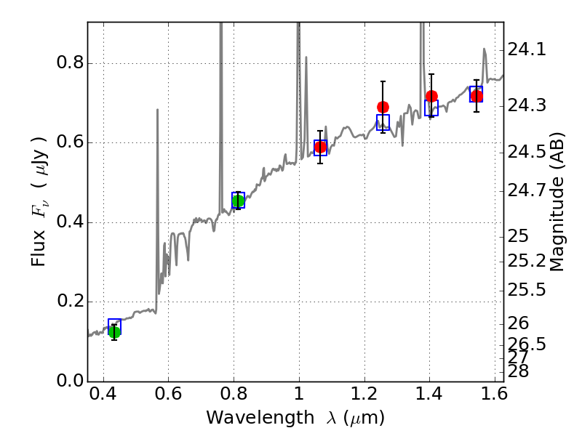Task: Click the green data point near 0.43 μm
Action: pos(114,332)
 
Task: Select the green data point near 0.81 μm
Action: pos(238,201)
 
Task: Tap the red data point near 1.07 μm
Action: pos(320,147)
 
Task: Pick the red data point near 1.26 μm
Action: pos(383,108)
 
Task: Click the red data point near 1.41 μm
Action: pos(431,96)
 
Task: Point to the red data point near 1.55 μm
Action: pos(477,96)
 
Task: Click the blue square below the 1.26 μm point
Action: pos(383,122)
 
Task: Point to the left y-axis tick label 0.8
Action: pos(69,63)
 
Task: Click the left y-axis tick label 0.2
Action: pos(69,302)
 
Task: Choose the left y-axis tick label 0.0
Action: pos(69,381)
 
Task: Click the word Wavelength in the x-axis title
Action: pos(247,418)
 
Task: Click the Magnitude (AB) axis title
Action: pos(557,201)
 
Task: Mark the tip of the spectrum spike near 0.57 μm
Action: pos(157,110)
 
